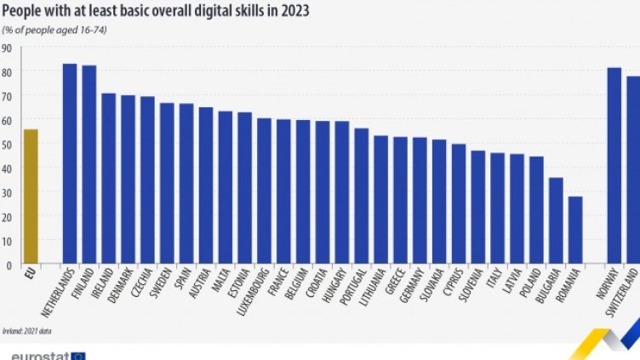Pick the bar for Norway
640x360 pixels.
coord(614,166)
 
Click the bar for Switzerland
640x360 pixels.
coord(632,170)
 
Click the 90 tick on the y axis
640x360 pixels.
coord(6,48)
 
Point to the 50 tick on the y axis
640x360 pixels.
coord(6,145)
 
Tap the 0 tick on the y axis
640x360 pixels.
coord(9,265)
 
